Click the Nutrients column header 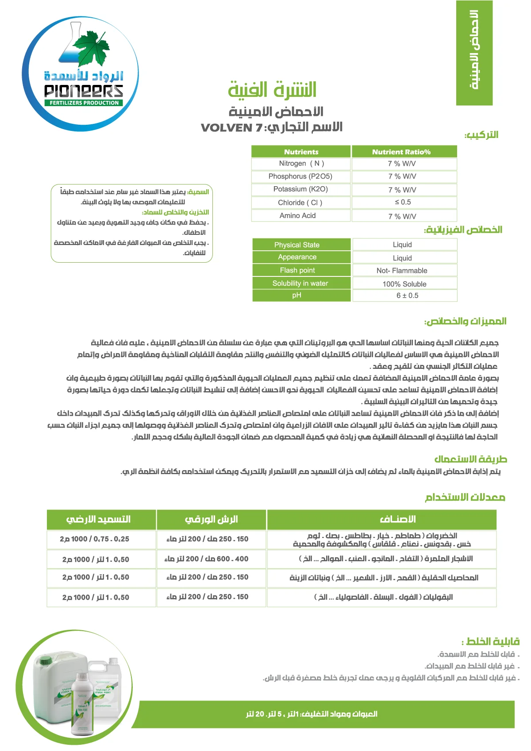(x=301, y=152)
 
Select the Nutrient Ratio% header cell (x=401, y=152)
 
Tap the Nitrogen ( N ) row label (x=301, y=164)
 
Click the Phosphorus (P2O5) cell (x=300, y=176)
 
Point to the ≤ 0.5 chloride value (x=403, y=202)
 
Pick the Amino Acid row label (x=297, y=216)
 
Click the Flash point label (x=297, y=270)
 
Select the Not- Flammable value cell (x=402, y=271)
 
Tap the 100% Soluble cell (x=404, y=284)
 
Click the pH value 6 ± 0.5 (x=407, y=295)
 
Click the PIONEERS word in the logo (x=83, y=91)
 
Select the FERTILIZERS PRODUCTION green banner (x=84, y=103)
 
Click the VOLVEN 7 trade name (x=231, y=128)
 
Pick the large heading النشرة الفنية (x=272, y=90)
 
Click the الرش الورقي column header (x=211, y=519)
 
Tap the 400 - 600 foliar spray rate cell (x=207, y=559)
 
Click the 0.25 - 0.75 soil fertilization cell (x=95, y=539)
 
